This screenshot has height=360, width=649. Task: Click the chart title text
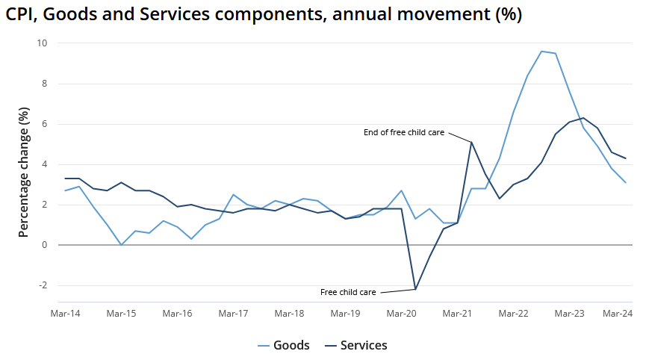[264, 15]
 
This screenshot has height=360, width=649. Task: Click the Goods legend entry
[283, 345]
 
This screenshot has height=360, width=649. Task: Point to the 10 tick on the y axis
[42, 43]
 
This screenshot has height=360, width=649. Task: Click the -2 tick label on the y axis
[42, 285]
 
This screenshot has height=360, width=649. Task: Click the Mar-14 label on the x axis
[65, 314]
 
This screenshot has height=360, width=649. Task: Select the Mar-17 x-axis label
[233, 314]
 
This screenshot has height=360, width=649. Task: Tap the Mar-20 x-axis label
[401, 314]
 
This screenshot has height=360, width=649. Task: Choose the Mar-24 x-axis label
[618, 314]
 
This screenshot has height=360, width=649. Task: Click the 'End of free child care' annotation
[404, 132]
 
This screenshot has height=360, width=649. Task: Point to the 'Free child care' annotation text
[348, 292]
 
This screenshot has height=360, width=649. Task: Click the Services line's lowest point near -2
[415, 289]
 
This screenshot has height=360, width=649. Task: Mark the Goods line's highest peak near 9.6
[541, 52]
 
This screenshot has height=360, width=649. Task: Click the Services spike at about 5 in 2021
[471, 142]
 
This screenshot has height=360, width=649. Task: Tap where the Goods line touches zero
[121, 244]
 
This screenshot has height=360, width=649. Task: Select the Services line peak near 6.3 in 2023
[583, 117]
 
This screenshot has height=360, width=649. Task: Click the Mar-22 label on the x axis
[513, 314]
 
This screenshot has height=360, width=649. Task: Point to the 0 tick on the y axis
[44, 245]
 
